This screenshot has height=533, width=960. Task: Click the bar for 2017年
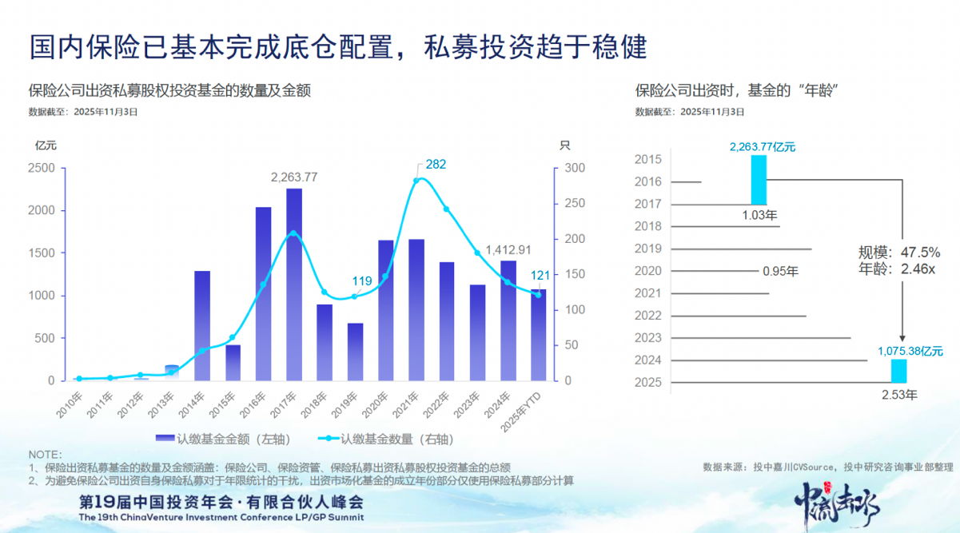294,284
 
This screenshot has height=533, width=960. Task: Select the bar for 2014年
202,326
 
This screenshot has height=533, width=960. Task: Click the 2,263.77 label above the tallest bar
294,177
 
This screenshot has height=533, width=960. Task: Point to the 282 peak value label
436,164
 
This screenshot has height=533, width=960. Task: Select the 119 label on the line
361,280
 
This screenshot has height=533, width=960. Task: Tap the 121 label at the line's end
541,276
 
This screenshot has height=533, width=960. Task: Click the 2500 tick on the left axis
42,169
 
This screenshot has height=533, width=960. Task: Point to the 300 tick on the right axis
576,169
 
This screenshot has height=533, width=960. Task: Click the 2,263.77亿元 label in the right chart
762,146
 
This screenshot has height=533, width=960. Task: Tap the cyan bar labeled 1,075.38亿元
899,370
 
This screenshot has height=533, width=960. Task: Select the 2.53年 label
899,394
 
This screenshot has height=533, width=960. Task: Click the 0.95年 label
780,271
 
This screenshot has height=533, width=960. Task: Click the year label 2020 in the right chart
647,271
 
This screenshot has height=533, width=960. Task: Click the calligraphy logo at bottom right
839,503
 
